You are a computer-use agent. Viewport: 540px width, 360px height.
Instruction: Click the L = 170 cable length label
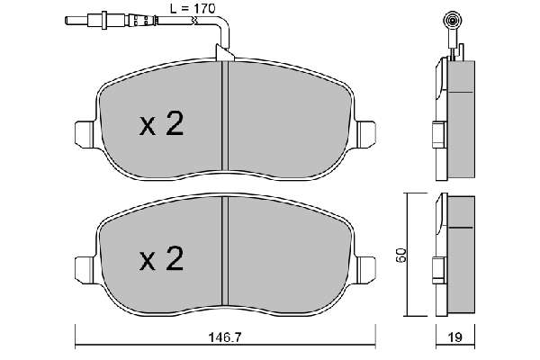point(193,9)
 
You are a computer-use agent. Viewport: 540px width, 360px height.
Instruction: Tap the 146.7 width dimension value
point(225,337)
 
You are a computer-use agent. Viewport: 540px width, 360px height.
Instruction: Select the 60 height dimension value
point(401,256)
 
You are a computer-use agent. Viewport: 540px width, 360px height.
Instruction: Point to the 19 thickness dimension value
point(455,337)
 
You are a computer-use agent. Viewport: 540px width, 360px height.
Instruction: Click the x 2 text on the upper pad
point(161,124)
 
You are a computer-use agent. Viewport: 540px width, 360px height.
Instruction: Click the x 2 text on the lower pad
point(161,259)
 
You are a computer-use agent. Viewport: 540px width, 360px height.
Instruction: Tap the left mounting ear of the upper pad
point(85,135)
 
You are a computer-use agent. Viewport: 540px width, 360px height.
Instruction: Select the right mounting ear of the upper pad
point(365,135)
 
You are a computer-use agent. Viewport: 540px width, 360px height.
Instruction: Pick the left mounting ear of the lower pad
point(85,270)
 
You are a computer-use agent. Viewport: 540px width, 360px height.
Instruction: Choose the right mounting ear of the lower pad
point(365,270)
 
